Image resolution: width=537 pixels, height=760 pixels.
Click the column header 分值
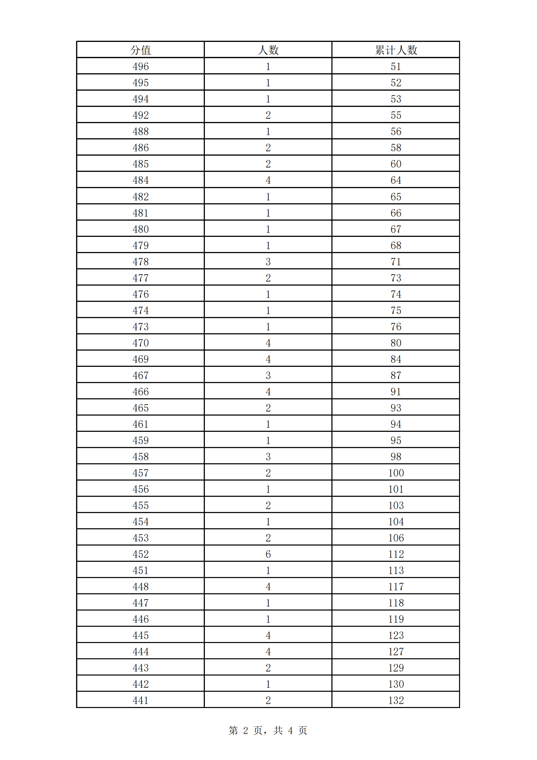[141, 50]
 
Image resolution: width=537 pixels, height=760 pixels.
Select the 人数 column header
[268, 50]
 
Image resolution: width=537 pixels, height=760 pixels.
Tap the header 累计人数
[396, 50]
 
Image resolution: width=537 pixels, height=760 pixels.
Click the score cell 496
[141, 66]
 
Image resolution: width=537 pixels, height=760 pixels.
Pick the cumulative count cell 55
[396, 115]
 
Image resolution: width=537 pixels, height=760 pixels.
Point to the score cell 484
[141, 180]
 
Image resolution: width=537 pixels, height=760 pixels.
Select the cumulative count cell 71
[396, 262]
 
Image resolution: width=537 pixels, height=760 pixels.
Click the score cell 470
[141, 342]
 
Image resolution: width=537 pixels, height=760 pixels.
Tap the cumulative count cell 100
[396, 473]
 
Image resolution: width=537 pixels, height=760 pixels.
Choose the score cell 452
[141, 554]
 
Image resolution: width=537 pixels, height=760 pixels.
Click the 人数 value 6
[268, 554]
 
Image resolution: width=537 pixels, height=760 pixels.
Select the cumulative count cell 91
[396, 392]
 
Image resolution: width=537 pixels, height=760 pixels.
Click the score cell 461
[141, 424]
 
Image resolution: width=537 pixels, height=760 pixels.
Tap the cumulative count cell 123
[396, 635]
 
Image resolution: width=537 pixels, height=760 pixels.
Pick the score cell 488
[141, 131]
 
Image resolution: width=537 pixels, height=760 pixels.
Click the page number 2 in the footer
[245, 730]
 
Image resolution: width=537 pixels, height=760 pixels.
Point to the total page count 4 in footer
[290, 730]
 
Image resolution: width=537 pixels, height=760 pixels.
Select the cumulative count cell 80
[396, 342]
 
